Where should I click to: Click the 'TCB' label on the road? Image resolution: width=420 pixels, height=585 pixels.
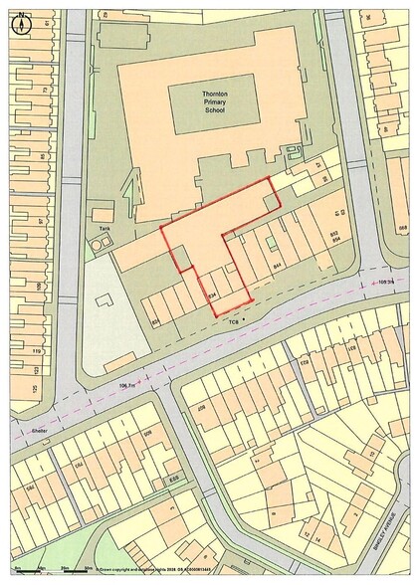[235, 321]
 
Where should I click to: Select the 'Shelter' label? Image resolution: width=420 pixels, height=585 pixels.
[40, 431]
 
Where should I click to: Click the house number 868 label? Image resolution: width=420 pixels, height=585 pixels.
[402, 228]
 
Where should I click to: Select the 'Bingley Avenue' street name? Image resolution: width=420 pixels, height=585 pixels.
[389, 527]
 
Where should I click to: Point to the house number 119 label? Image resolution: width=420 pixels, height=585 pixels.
[36, 351]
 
